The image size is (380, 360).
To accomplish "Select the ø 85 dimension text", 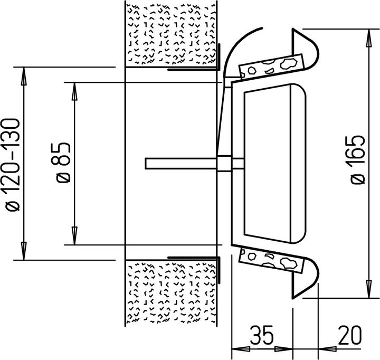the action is [x=62, y=162].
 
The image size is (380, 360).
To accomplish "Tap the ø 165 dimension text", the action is [x=358, y=160].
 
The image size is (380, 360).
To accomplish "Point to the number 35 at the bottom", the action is [x=262, y=335].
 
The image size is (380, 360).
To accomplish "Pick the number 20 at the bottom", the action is [x=350, y=335].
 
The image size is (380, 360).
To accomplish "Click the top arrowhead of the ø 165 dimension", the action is [x=369, y=38].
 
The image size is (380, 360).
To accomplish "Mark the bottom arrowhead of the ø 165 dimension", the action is [x=369, y=289].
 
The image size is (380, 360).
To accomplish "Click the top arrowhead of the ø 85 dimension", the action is [x=74, y=91].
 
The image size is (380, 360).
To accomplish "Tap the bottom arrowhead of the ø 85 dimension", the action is [x=74, y=236].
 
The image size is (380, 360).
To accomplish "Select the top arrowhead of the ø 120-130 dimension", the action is [x=24, y=76].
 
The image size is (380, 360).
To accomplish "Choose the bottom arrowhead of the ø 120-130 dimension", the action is [x=24, y=251].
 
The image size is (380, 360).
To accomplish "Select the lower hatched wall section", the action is [x=171, y=293].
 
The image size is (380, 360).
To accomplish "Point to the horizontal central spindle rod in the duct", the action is [x=181, y=164].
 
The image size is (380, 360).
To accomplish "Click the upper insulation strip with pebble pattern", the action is [x=271, y=66].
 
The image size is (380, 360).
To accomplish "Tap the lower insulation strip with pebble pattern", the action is [x=271, y=261].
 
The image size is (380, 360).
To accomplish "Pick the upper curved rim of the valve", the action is [x=306, y=49].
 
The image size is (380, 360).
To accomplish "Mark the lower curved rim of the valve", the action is [x=306, y=278].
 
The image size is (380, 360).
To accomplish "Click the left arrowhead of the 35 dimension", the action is [x=241, y=349].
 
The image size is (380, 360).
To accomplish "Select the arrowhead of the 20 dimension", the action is [x=327, y=349].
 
